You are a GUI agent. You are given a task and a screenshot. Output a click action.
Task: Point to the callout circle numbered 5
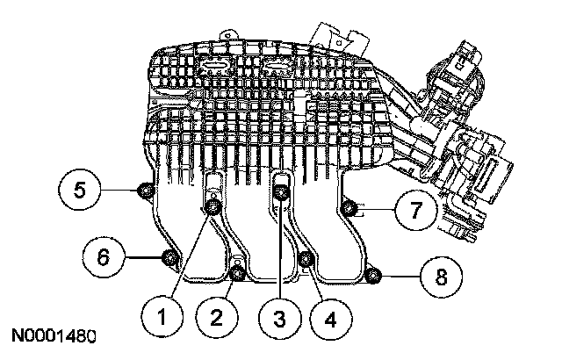79,189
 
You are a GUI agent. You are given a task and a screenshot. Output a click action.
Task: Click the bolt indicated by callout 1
213,207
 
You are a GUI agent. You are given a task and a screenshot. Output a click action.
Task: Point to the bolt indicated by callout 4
306,258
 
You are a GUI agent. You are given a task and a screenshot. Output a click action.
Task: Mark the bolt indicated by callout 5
146,190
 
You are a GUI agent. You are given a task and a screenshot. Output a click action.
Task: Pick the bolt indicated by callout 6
169,257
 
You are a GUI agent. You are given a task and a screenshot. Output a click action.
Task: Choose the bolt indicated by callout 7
349,208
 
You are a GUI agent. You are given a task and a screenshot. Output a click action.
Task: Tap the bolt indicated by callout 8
373,277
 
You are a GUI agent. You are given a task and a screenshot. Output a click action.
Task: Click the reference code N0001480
54,336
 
